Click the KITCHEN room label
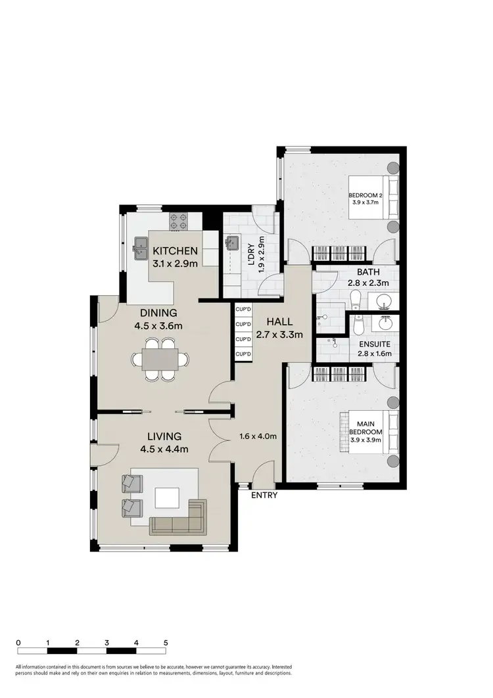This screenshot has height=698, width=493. (x=175, y=250)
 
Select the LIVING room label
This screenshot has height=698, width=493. (x=164, y=436)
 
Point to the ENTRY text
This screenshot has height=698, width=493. (x=265, y=496)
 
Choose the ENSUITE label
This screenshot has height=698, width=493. (x=373, y=343)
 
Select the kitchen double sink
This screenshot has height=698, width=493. (x=140, y=245)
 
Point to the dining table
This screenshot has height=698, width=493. (x=160, y=359)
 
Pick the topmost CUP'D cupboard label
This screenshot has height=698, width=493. (x=244, y=308)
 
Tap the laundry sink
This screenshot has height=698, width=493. (x=232, y=244)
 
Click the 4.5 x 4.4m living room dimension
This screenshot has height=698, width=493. (x=164, y=450)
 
